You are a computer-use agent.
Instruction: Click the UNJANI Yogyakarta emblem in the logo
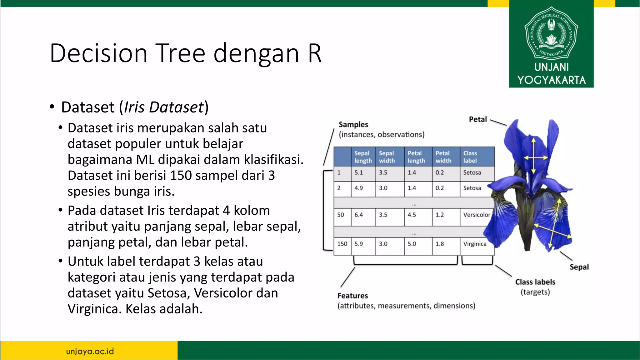[x=551, y=33]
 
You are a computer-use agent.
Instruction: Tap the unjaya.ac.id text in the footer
[x=90, y=351]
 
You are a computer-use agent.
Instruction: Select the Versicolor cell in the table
[x=477, y=215]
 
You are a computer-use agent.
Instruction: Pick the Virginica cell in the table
[x=475, y=244]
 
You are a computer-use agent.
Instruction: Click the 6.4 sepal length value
[x=358, y=215]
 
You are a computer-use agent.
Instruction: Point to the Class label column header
[x=470, y=157]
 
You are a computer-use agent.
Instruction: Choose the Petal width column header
[x=443, y=157]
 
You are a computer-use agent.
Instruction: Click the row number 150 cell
[x=342, y=244]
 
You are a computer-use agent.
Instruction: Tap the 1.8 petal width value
[x=439, y=244]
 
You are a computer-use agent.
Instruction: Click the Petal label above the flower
[x=477, y=119]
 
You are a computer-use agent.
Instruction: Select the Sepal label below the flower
[x=579, y=267]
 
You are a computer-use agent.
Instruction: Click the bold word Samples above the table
[x=353, y=124]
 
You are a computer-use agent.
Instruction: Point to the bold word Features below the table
[x=352, y=296]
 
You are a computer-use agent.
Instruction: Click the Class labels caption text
[x=535, y=282]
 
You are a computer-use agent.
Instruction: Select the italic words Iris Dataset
[x=164, y=107]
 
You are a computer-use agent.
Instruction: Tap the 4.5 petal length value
[x=412, y=215]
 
